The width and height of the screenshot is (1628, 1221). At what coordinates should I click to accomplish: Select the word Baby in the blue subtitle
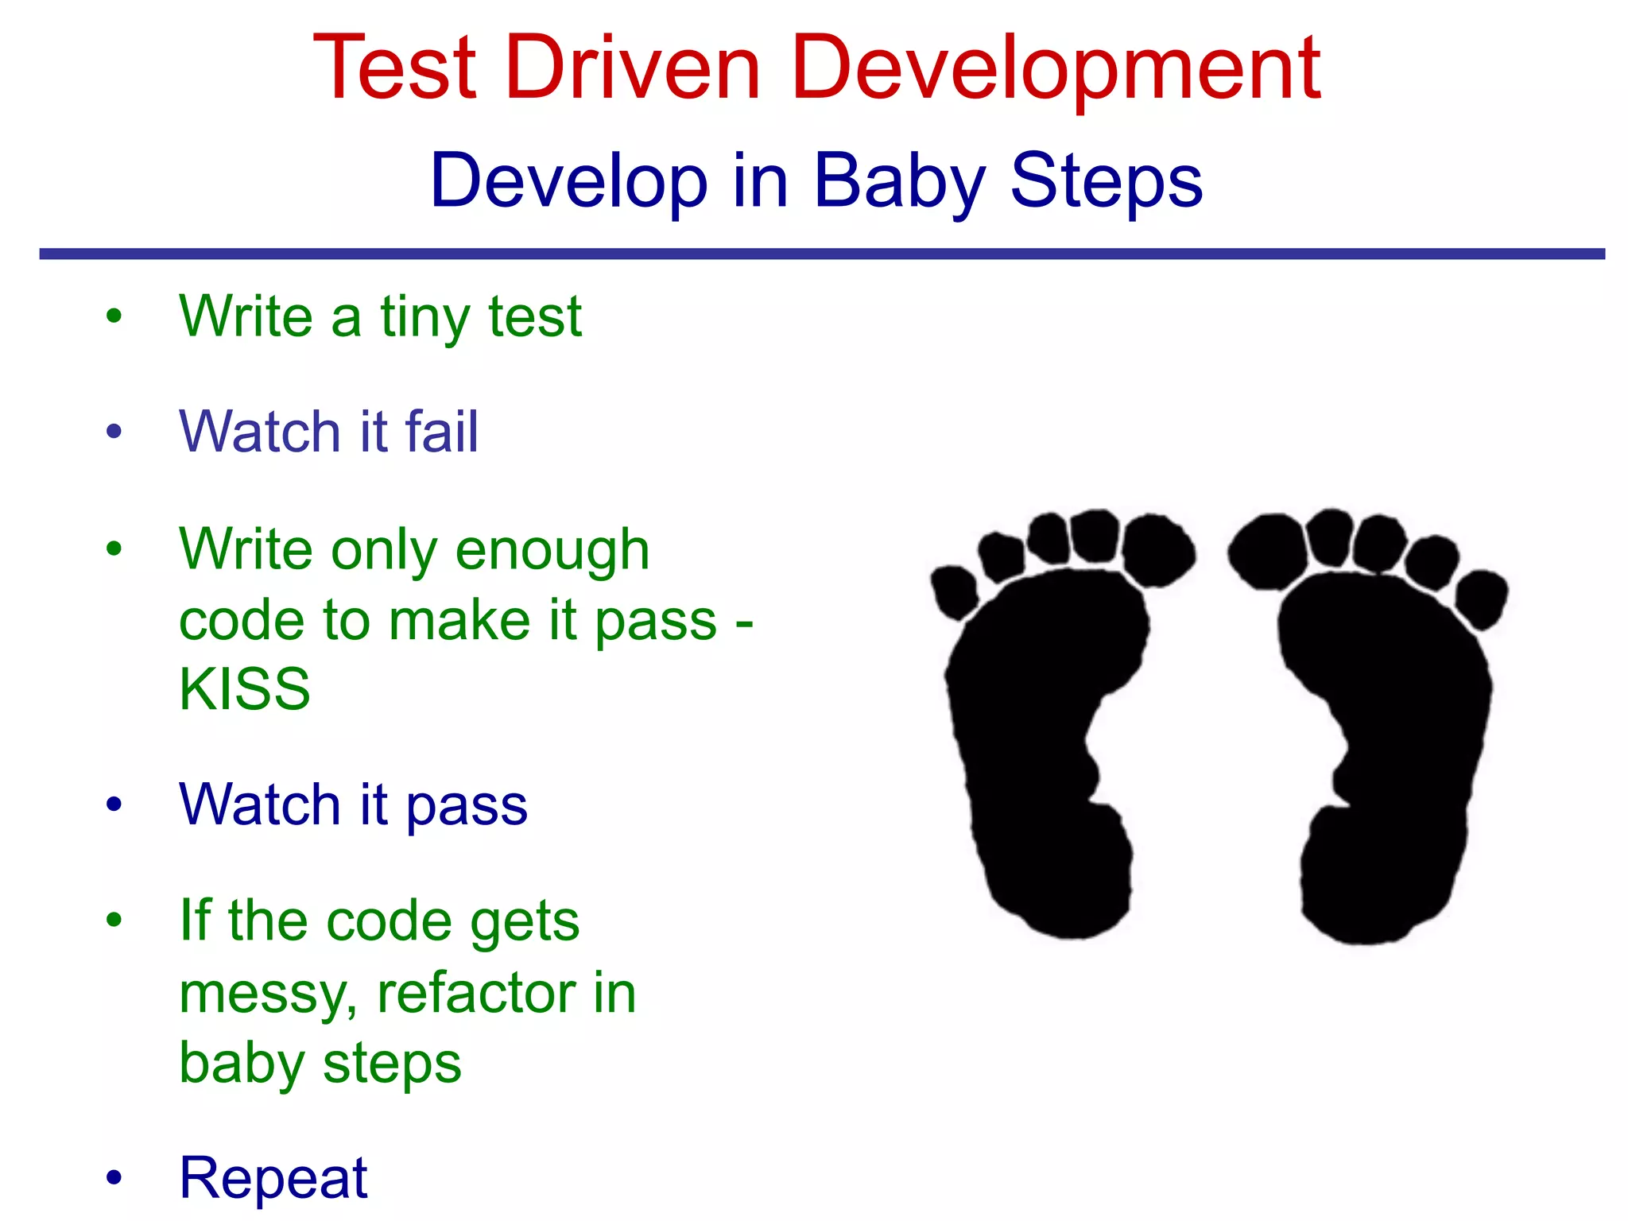pos(898,181)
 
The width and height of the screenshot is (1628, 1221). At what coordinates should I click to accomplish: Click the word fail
pos(441,432)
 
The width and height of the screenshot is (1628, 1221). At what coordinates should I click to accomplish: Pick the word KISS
pos(245,688)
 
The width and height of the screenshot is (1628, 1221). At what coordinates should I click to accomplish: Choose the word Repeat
pos(273,1177)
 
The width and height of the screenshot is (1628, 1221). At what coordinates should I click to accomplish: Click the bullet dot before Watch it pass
pos(114,804)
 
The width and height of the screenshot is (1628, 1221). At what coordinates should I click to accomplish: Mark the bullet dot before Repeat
pos(114,1176)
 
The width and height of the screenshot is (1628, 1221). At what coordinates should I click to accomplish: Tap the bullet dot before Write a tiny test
pos(114,316)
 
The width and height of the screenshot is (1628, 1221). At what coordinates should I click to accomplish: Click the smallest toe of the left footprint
pos(954,591)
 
